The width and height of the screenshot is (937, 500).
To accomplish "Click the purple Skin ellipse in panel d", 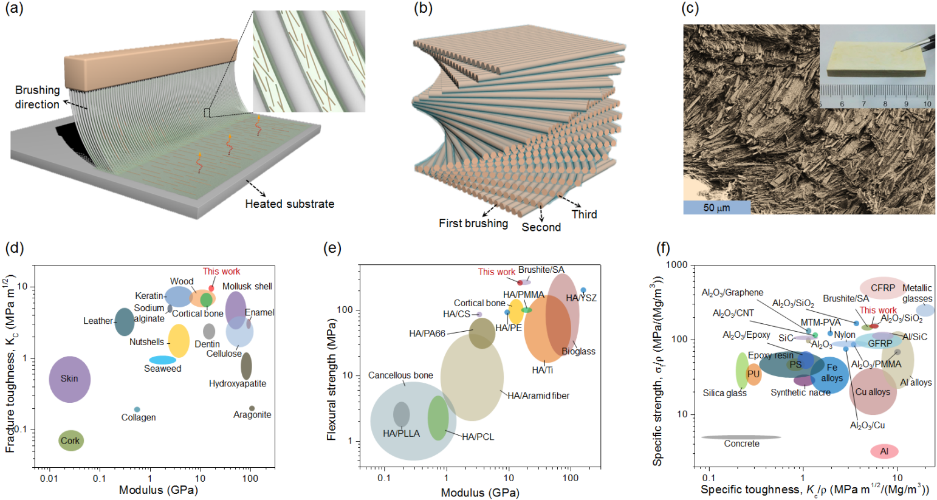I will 69,379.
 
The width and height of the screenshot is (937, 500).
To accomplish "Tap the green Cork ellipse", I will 70,440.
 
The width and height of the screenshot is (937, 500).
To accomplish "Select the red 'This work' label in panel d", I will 221,272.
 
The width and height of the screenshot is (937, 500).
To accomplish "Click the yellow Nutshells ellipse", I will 178,341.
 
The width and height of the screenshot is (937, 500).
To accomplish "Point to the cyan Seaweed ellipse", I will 162,360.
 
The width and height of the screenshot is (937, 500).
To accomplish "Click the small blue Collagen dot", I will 137,409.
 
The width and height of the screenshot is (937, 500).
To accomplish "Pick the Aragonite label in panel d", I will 252,415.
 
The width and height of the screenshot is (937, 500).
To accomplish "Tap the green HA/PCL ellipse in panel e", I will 438,417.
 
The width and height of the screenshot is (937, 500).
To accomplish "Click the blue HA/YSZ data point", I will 583,290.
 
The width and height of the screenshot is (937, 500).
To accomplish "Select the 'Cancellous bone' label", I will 400,375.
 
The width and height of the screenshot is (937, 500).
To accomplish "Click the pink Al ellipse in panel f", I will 884,451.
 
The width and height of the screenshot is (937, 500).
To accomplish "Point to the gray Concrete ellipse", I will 741,437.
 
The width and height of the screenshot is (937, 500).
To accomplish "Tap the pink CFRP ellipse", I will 882,288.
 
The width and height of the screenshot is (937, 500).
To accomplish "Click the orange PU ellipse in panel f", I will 753,374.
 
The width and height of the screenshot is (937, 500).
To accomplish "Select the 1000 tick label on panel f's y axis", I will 676,265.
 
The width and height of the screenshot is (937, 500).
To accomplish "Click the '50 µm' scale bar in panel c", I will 716,207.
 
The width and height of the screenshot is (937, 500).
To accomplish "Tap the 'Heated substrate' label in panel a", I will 289,204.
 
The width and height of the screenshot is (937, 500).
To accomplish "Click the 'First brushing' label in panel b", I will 473,224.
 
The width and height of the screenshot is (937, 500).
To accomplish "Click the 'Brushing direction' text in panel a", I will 37,97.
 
